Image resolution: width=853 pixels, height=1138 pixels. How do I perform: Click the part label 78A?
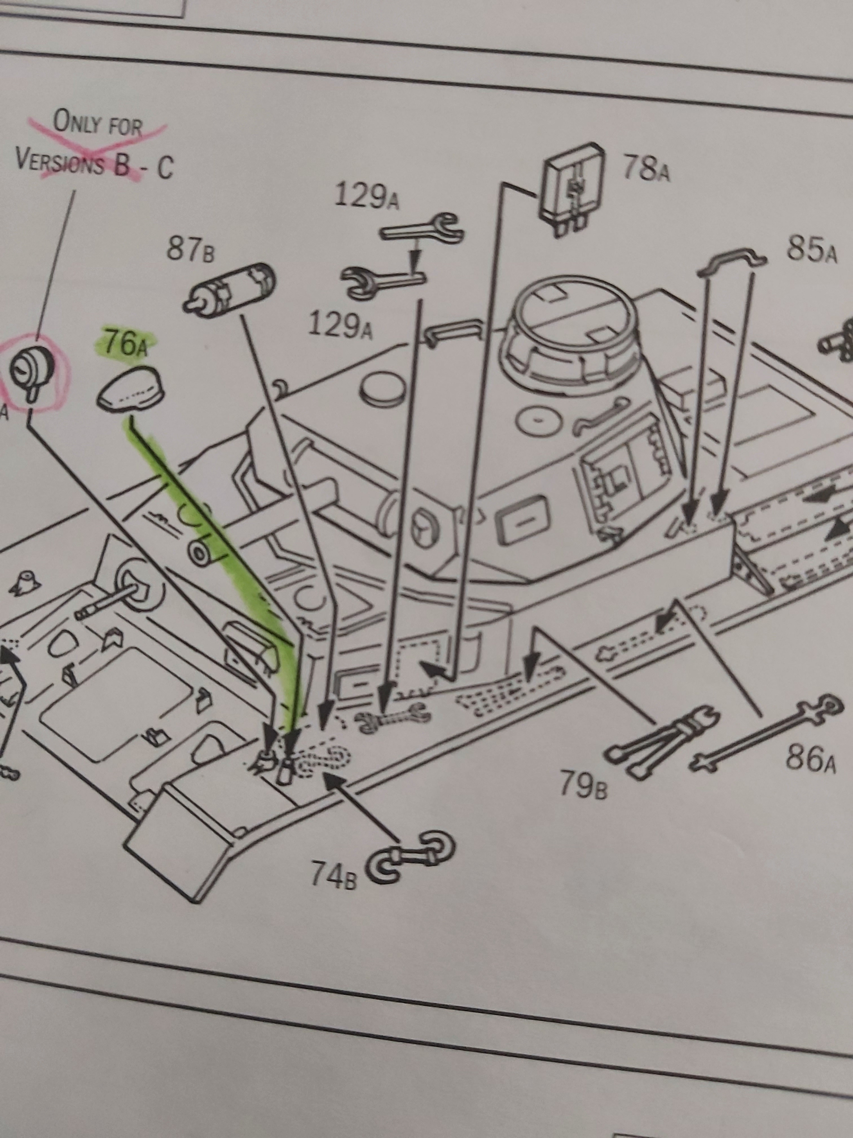pyautogui.click(x=646, y=168)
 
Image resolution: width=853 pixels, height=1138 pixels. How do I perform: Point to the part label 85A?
pyautogui.click(x=811, y=252)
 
